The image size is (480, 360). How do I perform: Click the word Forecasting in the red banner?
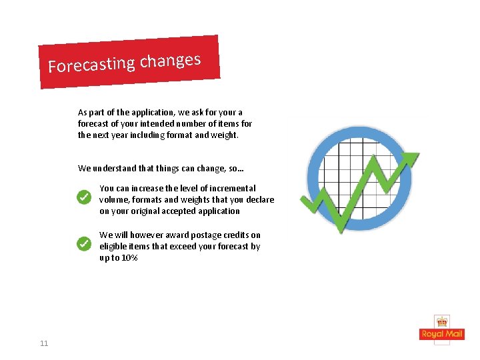(x=91, y=65)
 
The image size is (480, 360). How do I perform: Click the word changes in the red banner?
(x=170, y=61)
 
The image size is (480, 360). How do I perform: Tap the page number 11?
(x=44, y=343)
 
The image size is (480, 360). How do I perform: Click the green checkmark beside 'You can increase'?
(x=83, y=197)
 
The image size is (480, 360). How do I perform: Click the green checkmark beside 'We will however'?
(x=83, y=244)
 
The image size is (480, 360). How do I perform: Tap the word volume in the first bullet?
(x=114, y=200)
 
